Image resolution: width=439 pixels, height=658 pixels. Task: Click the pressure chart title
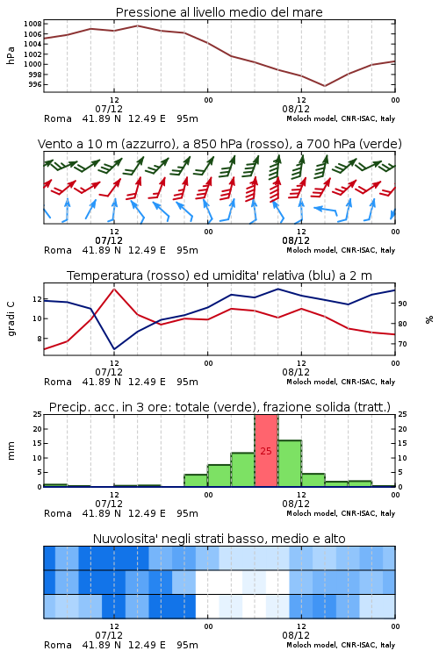(x=219, y=12)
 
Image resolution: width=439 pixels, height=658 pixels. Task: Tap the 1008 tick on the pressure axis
(x=32, y=24)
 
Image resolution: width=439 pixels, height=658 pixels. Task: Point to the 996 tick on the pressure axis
(x=35, y=84)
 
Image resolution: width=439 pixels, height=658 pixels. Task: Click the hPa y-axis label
(x=11, y=55)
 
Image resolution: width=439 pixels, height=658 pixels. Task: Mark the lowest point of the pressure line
(x=324, y=86)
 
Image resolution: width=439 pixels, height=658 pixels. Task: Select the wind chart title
(x=219, y=144)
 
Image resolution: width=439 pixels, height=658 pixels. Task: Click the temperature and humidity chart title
(x=219, y=275)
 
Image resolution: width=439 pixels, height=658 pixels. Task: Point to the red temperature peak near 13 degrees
(x=114, y=290)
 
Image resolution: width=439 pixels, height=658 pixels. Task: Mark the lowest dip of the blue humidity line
(x=114, y=348)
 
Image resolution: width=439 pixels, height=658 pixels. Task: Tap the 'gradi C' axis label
(x=11, y=319)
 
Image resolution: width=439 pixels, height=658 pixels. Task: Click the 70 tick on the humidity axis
(x=402, y=344)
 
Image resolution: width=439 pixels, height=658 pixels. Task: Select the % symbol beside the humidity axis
(x=429, y=319)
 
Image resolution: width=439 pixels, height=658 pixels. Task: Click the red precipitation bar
(x=266, y=451)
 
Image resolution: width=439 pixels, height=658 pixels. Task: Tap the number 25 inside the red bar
(x=266, y=451)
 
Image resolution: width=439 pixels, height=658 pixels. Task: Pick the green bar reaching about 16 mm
(x=290, y=463)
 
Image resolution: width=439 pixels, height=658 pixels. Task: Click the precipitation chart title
(x=219, y=407)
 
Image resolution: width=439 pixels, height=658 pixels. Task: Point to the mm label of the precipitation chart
(x=11, y=451)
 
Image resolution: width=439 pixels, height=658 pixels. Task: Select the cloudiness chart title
(x=219, y=539)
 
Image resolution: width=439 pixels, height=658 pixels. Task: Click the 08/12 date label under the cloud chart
(x=296, y=635)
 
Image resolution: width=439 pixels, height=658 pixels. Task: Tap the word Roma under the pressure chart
(x=58, y=118)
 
